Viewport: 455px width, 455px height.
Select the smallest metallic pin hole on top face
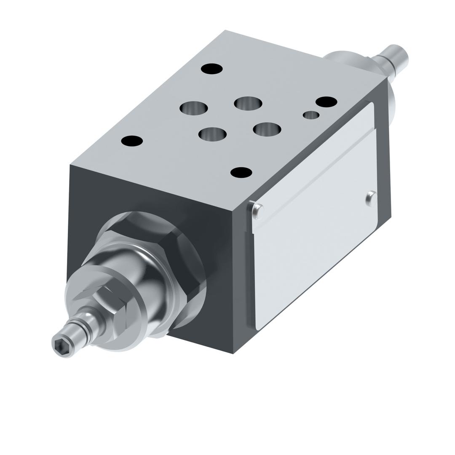tap(311, 115)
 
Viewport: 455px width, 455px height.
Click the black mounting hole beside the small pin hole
tap(326, 102)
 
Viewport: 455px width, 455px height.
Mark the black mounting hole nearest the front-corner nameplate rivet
tap(241, 172)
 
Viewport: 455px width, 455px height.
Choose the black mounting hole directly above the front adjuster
tap(132, 141)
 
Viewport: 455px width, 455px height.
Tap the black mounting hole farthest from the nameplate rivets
tap(212, 69)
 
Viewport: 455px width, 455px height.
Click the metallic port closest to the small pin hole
tap(267, 129)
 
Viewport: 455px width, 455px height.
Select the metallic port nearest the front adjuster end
tap(212, 134)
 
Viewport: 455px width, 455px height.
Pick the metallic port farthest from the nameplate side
tap(194, 108)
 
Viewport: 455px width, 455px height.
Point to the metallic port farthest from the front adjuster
tap(248, 103)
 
